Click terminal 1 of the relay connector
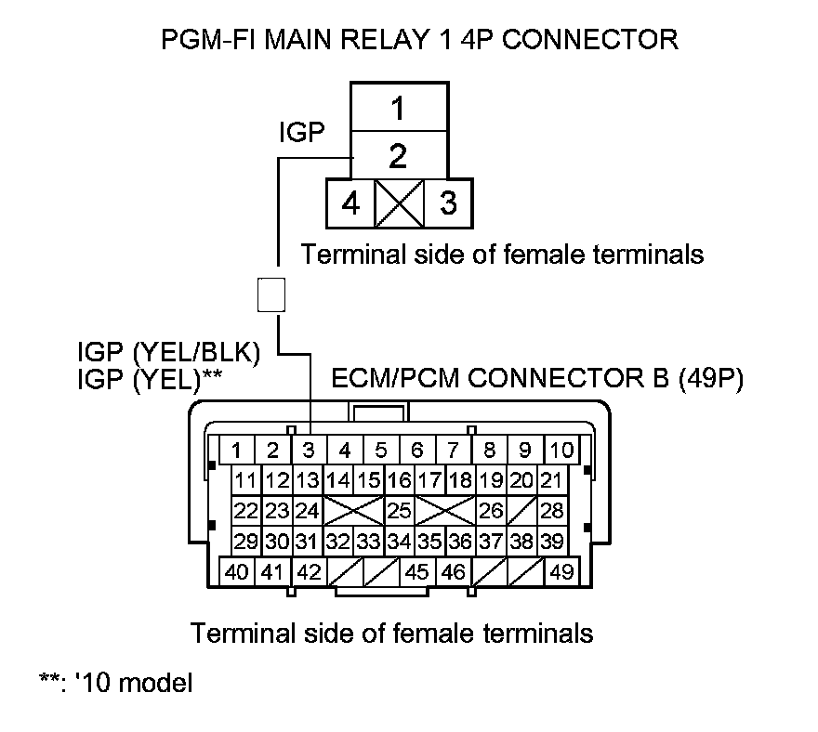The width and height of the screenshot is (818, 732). (398, 109)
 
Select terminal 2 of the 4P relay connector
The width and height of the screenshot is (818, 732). (398, 155)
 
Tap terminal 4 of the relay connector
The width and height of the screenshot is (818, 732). (350, 203)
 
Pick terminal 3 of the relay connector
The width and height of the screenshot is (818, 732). (448, 203)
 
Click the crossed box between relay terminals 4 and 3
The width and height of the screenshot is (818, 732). (399, 203)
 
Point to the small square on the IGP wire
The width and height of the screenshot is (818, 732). (270, 294)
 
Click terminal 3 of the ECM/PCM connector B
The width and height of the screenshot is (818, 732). (308, 451)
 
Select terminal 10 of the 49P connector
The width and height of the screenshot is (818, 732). (561, 451)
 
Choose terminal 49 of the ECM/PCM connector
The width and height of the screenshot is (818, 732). (561, 571)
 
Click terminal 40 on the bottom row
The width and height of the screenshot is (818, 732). (237, 571)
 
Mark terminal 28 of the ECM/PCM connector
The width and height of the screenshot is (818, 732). (552, 510)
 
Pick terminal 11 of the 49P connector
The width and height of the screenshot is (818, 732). (245, 481)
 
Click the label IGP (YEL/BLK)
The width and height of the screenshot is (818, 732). (168, 353)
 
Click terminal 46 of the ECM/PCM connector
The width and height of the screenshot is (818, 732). (453, 571)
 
